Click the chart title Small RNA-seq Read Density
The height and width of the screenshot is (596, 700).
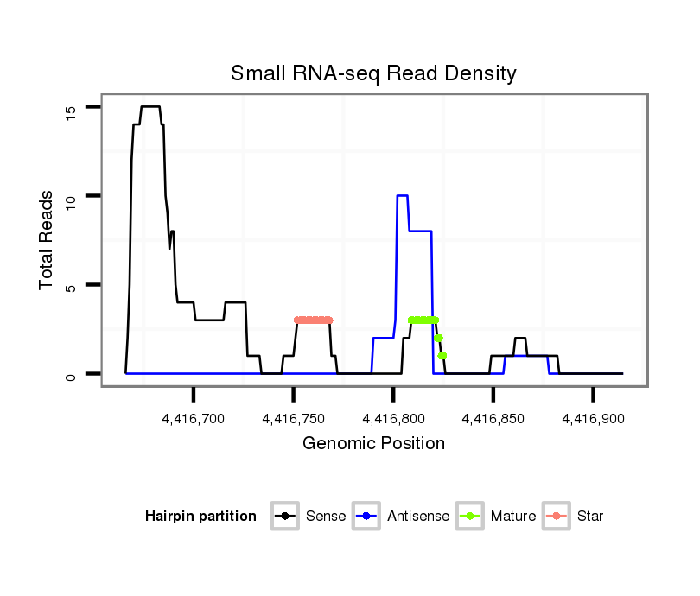pyautogui.click(x=373, y=73)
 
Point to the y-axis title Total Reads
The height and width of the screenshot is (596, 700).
pyautogui.click(x=48, y=240)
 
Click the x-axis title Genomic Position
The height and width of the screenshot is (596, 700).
pyautogui.click(x=373, y=444)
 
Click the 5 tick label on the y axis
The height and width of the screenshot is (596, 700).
pyautogui.click(x=72, y=285)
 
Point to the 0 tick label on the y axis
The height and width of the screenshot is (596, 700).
pyautogui.click(x=72, y=374)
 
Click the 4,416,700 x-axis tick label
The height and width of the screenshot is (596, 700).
pyautogui.click(x=194, y=419)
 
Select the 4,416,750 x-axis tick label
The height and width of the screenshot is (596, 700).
pyautogui.click(x=294, y=419)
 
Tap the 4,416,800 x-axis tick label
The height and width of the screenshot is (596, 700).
pyautogui.click(x=393, y=419)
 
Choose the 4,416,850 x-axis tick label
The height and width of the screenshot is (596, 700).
pyautogui.click(x=493, y=419)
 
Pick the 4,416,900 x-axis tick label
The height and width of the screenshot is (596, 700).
pyautogui.click(x=593, y=419)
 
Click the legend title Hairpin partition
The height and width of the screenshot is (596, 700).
pyautogui.click(x=200, y=517)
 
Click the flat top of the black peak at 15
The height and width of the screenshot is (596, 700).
pyautogui.click(x=150, y=107)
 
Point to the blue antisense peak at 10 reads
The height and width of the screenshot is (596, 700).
pyautogui.click(x=402, y=196)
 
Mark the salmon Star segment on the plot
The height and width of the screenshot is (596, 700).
pyautogui.click(x=313, y=320)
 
